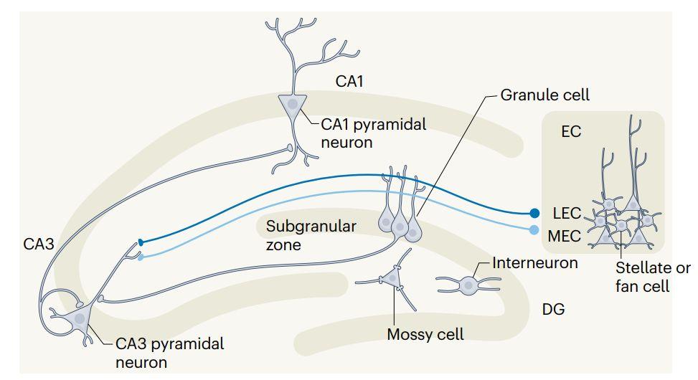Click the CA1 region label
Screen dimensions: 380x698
click(x=349, y=82)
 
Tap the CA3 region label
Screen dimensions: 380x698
click(x=39, y=244)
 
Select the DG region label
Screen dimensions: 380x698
click(x=554, y=310)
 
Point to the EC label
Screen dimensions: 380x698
click(x=571, y=132)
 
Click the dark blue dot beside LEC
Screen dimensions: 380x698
click(x=534, y=213)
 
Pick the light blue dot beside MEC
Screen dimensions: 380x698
click(x=534, y=230)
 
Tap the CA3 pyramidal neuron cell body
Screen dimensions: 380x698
click(x=78, y=318)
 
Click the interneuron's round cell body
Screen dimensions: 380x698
click(x=468, y=285)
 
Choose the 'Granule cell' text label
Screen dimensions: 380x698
click(x=544, y=95)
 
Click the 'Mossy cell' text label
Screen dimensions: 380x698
click(x=425, y=334)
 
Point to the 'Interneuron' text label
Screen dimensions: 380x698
click(x=535, y=262)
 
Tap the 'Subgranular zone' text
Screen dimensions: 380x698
click(x=311, y=235)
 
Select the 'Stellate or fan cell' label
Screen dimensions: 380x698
click(x=653, y=277)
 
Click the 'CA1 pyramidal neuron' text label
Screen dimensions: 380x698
click(x=373, y=133)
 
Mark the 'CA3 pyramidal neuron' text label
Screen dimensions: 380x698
click(x=169, y=353)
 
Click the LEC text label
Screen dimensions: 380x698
click(x=567, y=213)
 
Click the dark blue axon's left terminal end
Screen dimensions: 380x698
click(x=141, y=242)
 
